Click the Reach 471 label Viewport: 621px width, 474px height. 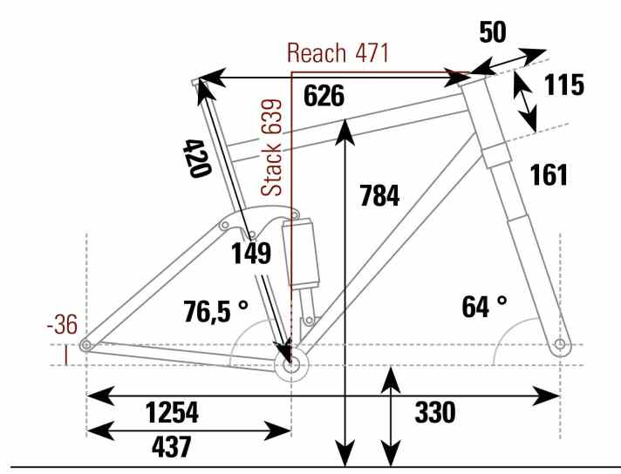point(338,53)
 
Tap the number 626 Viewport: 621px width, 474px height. point(324,96)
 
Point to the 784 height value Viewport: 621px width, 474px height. point(379,196)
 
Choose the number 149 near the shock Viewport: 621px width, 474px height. point(251,254)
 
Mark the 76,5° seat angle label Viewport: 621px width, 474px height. point(215,310)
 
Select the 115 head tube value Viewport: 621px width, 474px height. point(563,85)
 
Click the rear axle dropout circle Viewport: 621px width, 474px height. point(86,346)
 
